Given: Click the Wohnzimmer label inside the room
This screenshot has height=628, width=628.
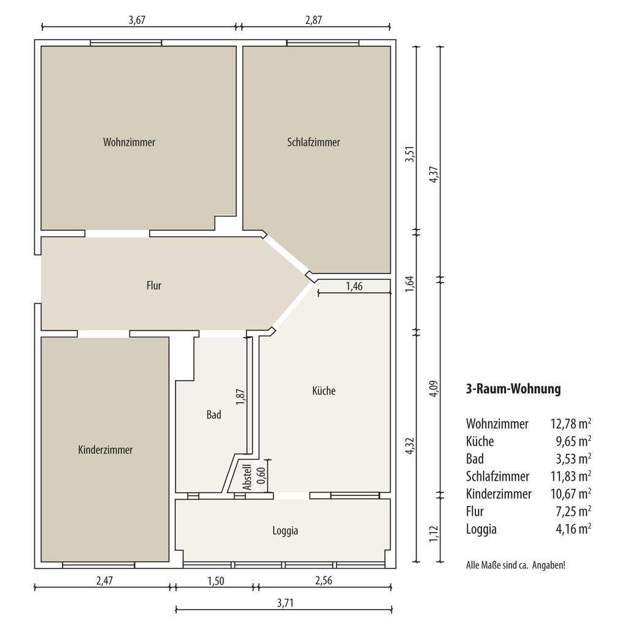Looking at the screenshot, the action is (129, 142).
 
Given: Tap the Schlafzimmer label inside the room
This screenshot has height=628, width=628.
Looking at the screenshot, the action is (313, 142).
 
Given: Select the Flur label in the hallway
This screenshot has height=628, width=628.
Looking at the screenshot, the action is (154, 286).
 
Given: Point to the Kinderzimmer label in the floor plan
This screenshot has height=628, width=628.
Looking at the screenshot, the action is (105, 450).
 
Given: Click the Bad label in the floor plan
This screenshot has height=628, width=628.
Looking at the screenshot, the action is (214, 415).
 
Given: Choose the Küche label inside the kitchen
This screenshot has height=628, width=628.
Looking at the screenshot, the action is (324, 391).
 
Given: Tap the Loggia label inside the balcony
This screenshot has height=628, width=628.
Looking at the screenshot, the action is (285, 530).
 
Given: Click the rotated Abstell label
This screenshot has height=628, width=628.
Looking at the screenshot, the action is (247, 477).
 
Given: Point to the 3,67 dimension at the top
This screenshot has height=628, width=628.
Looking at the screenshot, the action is (137, 20).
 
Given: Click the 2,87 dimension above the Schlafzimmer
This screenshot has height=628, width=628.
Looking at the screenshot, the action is (313, 20).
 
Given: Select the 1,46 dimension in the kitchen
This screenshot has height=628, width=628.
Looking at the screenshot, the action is (354, 286).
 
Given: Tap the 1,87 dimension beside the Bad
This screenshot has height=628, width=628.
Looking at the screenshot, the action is (240, 397).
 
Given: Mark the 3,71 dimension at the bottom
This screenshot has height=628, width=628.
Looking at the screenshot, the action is (285, 603).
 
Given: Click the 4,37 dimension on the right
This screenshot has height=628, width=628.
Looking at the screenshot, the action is (434, 175).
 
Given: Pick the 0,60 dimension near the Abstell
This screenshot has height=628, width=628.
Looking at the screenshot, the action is (261, 475).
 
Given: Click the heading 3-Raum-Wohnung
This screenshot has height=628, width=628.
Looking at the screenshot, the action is (513, 389).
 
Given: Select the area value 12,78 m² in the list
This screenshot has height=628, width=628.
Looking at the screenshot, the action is (571, 423).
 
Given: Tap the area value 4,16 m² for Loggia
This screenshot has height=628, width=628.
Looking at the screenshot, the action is (573, 529).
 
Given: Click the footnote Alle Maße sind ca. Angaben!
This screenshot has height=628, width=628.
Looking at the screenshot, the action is (516, 565).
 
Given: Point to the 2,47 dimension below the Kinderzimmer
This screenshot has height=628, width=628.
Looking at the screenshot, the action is (104, 580).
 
